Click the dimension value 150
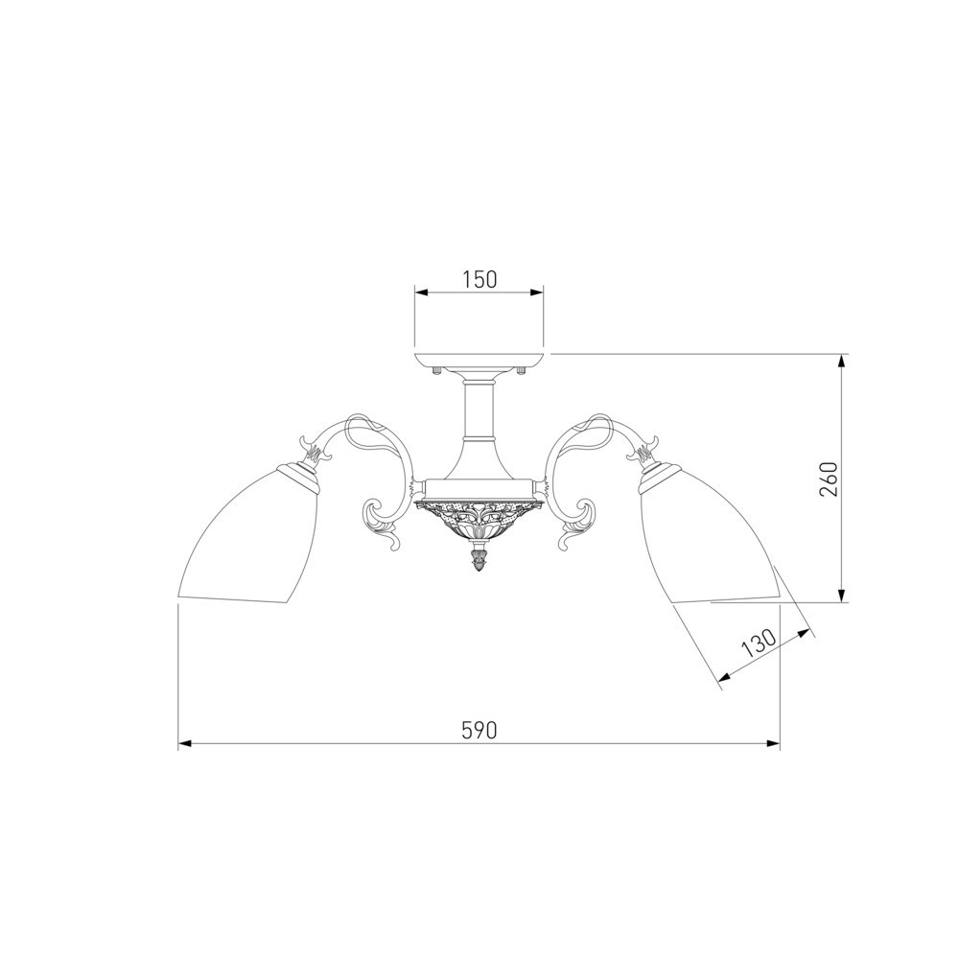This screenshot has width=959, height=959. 479,279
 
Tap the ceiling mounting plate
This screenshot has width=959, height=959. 479,361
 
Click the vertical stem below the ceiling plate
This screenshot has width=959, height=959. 479,409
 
